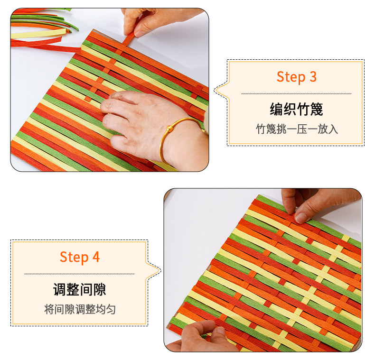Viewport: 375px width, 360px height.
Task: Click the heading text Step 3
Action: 297,77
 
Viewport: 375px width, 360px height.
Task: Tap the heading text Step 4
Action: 80,257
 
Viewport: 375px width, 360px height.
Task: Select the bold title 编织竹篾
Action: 296,109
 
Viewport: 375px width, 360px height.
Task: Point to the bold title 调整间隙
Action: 80,289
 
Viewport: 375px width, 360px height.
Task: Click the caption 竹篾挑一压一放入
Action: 297,129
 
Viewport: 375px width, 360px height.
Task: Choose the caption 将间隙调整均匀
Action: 80,309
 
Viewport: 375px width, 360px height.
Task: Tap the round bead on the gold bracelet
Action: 169,129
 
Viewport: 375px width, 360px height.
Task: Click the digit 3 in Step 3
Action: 313,77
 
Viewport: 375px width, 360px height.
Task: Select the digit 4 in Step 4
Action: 96,257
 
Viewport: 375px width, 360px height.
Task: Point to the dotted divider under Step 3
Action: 296,94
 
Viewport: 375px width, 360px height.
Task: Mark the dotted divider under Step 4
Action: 80,274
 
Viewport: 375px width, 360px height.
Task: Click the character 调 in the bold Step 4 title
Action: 59,289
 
